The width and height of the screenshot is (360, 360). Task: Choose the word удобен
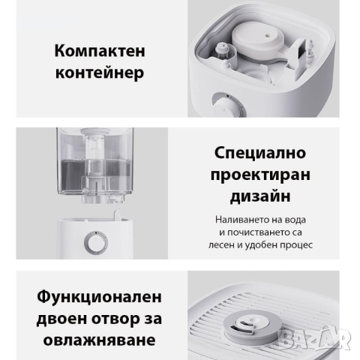pyautogui.click(x=268, y=244)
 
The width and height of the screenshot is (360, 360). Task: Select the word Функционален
pyautogui.click(x=98, y=295)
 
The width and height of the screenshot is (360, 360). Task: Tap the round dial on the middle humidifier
pyautogui.click(x=94, y=244)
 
